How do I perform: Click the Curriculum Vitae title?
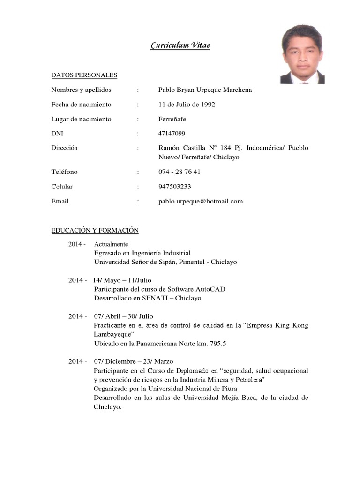coord(180,45)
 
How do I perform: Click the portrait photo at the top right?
coord(302,54)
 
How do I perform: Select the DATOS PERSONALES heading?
coord(84,75)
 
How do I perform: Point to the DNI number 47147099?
coord(172,134)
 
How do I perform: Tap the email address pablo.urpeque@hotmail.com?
coord(201,201)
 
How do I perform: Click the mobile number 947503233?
coord(174,187)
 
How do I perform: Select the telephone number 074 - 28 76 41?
coord(180,172)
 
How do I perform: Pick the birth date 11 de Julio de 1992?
coord(187,105)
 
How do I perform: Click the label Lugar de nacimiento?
coord(81,119)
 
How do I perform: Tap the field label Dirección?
coord(64,148)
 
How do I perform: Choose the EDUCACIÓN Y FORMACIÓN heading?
coord(95,230)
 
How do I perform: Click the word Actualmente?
coord(111,244)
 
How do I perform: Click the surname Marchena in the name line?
coord(234,90)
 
